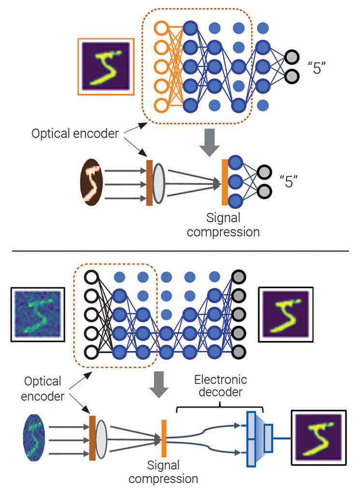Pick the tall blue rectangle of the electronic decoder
tap(251, 438)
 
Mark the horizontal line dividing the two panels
tap(180, 251)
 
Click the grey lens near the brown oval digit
tap(159, 184)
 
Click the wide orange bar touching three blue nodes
tap(225, 182)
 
